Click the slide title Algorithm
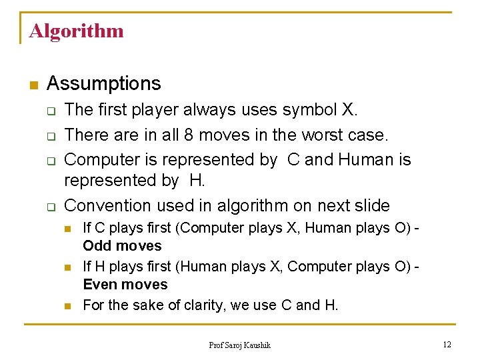click(76, 31)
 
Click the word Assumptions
click(104, 83)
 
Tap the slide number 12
click(446, 344)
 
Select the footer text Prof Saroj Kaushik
click(239, 345)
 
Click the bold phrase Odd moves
click(122, 246)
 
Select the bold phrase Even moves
click(125, 285)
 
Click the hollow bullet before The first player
click(51, 110)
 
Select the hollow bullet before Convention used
click(51, 207)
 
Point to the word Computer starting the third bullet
click(105, 160)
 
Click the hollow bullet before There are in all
click(51, 135)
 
